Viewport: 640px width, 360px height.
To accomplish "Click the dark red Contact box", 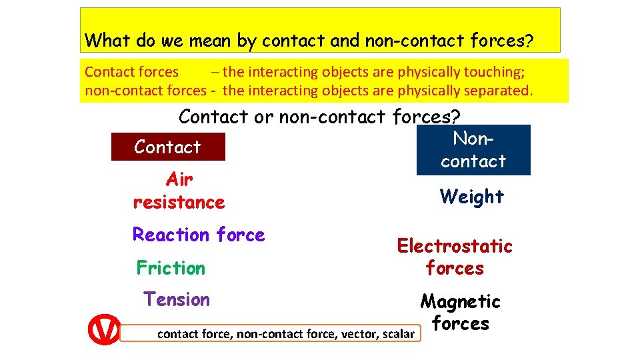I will pos(168,147).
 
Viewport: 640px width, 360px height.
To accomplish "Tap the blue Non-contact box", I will pos(473,150).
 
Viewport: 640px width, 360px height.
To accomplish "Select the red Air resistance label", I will pos(179,191).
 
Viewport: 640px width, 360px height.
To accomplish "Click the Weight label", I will pos(471,197).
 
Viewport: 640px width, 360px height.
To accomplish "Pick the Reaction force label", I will pos(199,235).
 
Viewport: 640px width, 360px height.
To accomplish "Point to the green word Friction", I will pos(171,268).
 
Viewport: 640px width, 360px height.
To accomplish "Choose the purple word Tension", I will pos(177,299).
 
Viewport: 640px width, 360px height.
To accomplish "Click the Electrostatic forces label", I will pos(455,257).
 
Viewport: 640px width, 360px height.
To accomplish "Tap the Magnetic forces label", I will pos(460,313).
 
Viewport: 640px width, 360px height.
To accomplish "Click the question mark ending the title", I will pos(528,41).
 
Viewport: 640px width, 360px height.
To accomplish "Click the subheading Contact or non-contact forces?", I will pos(319,117).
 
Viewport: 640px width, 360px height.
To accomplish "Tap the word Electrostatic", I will pos(455,246).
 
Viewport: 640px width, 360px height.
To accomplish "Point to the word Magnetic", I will pos(460,301).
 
